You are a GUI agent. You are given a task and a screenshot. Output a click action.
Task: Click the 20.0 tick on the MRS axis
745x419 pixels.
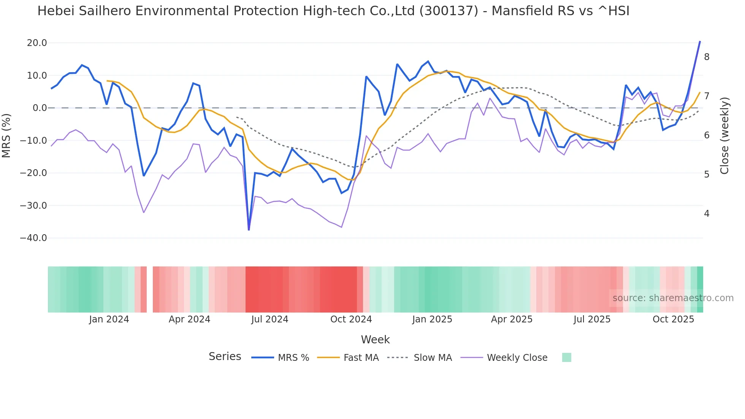pos(37,43)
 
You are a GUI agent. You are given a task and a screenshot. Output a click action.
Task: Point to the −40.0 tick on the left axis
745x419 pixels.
pos(33,238)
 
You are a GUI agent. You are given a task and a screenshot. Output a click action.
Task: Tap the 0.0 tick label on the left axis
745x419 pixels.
pos(40,108)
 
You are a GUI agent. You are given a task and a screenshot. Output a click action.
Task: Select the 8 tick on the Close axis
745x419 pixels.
pos(707,57)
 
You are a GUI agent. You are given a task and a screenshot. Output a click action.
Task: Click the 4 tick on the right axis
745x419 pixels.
pos(707,214)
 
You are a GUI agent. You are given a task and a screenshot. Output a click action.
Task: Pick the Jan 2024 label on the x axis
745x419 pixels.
pos(109,319)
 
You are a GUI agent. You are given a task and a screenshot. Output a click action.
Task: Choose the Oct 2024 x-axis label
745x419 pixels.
pos(351,319)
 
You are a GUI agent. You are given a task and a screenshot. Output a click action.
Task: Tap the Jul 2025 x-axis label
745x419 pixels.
pos(592,319)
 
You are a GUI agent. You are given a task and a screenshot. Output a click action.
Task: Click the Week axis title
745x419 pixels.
pos(375,340)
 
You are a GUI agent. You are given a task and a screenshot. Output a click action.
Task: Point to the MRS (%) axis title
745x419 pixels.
pos(6,135)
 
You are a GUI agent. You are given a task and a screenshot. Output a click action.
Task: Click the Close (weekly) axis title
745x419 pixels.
pos(724,135)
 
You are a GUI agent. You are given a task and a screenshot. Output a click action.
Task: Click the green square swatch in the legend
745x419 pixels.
pos(566,357)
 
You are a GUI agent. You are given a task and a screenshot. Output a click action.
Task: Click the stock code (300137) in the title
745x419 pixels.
pos(449,11)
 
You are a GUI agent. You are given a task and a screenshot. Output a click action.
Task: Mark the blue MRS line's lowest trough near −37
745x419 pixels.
pos(249,229)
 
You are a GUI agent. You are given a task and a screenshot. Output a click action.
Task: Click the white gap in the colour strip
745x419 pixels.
pos(150,289)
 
